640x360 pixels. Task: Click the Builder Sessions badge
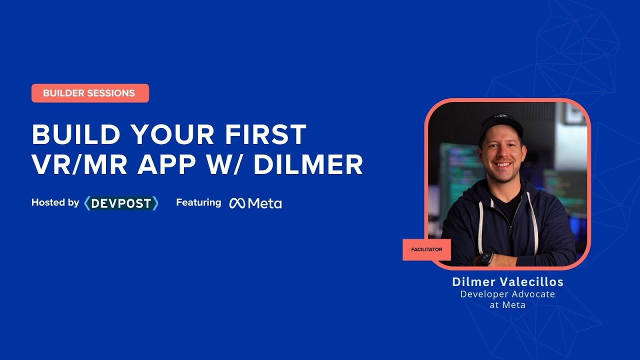tap(90, 93)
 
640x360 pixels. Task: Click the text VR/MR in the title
tap(76, 165)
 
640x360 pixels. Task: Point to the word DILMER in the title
tap(308, 165)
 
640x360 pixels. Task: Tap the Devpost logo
tap(121, 203)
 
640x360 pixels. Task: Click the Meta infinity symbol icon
tap(237, 203)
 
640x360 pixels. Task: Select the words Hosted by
tap(55, 202)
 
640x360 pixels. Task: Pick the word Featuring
tap(198, 202)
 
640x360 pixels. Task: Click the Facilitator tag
tap(426, 249)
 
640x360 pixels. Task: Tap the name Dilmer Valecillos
tap(507, 282)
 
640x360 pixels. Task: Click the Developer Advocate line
tap(507, 294)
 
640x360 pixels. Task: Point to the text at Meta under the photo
tap(507, 304)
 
